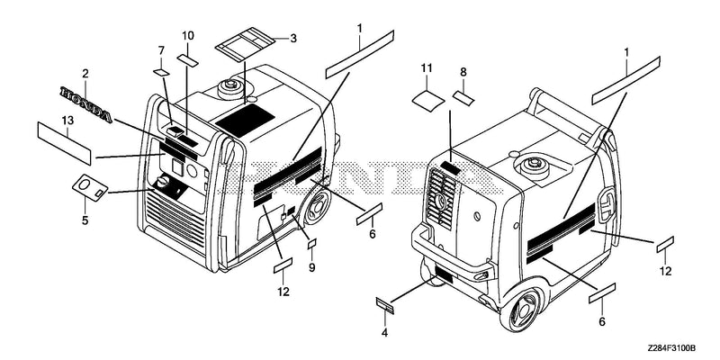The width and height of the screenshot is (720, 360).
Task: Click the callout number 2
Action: click(85, 74)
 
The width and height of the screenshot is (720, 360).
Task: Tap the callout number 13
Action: click(67, 121)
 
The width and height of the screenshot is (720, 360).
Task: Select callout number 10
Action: click(188, 35)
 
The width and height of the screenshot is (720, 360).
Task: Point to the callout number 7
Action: click(161, 49)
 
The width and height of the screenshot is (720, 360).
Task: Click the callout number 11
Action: click(427, 68)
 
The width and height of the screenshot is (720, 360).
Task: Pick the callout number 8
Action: click(463, 71)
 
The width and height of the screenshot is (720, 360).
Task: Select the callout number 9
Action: click(311, 267)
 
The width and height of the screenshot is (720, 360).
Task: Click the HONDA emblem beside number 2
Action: click(85, 104)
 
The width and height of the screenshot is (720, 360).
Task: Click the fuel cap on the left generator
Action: click(229, 85)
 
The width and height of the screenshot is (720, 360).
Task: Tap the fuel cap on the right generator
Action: click(534, 163)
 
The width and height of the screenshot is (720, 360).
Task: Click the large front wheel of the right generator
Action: click(521, 309)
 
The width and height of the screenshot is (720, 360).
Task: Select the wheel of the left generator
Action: click(318, 207)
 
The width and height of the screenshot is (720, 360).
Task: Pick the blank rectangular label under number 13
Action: click(64, 143)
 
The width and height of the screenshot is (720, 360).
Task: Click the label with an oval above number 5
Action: click(90, 188)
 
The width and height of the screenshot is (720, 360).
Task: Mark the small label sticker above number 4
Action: click(385, 306)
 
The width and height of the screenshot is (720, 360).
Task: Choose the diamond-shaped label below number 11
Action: click(428, 101)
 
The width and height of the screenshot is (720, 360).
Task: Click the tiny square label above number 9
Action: click(312, 243)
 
